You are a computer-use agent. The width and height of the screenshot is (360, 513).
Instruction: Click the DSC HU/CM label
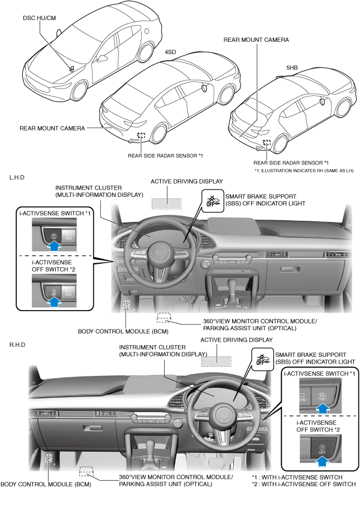pos(39,17)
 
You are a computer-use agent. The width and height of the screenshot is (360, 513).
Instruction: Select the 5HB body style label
pos(291,67)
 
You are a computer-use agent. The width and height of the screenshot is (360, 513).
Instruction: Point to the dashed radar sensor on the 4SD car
pos(141,135)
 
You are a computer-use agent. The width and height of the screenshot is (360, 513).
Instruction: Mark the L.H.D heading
pos(17,177)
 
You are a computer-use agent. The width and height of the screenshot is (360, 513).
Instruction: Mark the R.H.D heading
pos(17,345)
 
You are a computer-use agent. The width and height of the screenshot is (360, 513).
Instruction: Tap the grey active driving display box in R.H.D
pos(215,361)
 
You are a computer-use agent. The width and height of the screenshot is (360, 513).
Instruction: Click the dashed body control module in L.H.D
pos(127,305)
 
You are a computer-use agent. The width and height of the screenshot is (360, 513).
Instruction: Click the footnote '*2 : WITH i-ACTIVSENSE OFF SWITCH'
pos(304,485)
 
